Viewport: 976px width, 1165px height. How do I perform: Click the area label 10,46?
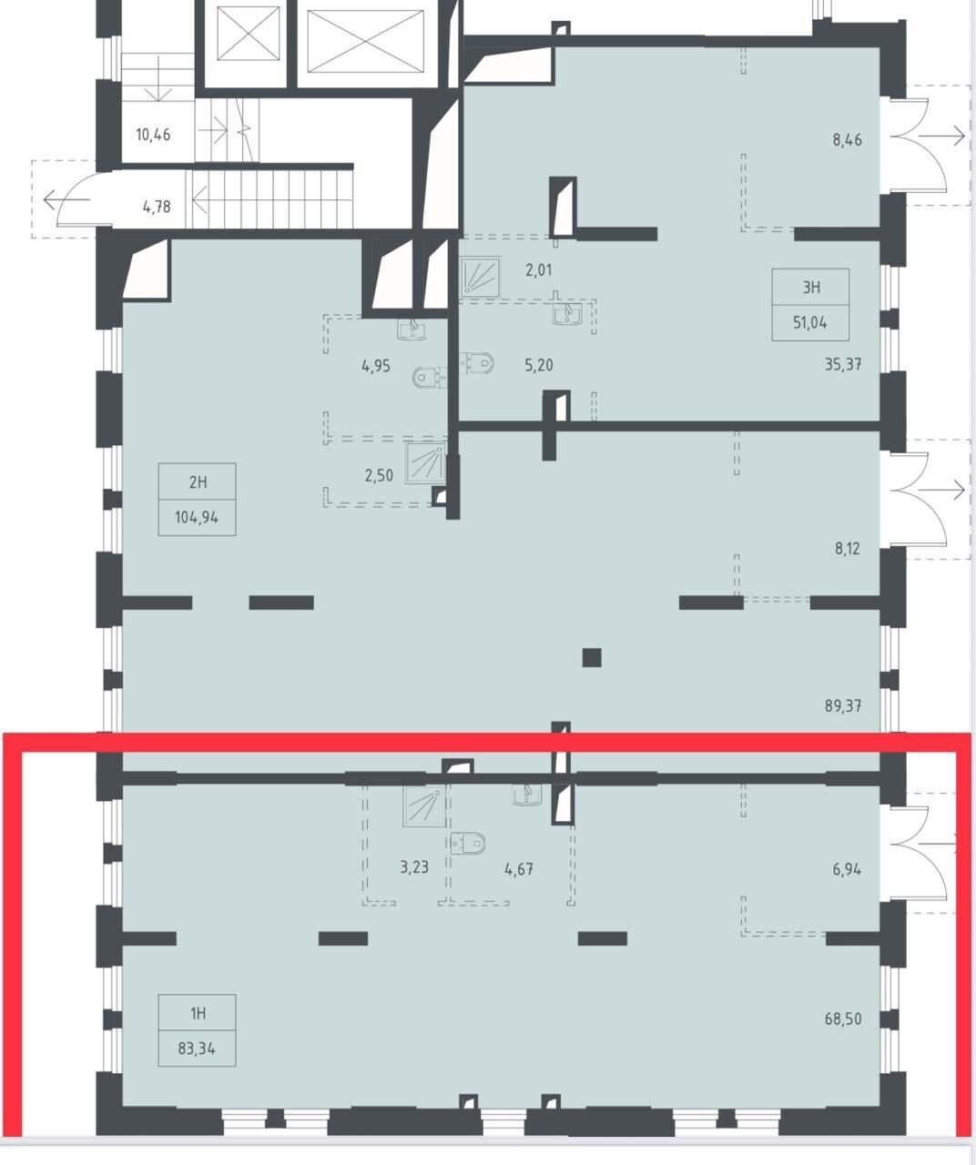coord(154,135)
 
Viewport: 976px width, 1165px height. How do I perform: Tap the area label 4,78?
coord(157,207)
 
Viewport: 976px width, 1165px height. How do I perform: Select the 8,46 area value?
coord(847,139)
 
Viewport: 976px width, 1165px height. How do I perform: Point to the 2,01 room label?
coord(538,270)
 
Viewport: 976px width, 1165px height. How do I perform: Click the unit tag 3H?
coord(811,288)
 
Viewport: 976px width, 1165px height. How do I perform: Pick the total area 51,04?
coord(810,322)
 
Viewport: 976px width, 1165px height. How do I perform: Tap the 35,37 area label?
coord(843,364)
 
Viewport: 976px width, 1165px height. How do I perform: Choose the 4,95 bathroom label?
coord(376,366)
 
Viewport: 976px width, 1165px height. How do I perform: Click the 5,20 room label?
coord(538,366)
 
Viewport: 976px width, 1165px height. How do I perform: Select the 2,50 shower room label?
coord(379,475)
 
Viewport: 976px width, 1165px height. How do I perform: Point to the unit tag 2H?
coord(198,482)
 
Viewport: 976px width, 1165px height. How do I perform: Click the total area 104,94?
coord(197,517)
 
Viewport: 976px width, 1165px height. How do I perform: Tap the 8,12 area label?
coord(847,549)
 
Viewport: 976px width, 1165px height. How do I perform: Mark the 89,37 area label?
coord(843,705)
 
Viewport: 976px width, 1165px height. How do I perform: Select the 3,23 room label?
coord(414,867)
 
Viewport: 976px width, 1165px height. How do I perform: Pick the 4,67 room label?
coord(519,868)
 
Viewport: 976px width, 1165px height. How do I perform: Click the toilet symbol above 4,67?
coord(468,843)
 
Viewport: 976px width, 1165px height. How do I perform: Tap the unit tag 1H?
coord(198,1013)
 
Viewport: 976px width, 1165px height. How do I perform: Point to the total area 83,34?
coord(197,1048)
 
